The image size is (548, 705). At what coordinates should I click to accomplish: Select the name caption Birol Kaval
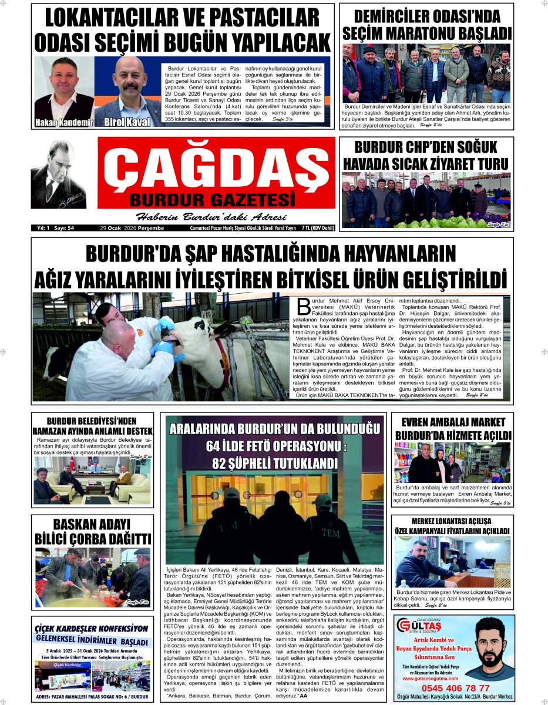[x=127, y=122]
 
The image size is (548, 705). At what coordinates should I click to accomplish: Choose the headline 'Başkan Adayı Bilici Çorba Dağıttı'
[x=93, y=532]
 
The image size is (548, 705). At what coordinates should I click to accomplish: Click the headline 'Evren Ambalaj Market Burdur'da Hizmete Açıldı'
[x=453, y=429]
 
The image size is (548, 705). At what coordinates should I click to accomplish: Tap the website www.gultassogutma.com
[x=436, y=678]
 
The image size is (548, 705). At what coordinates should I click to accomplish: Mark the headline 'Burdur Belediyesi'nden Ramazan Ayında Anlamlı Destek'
[x=92, y=426]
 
